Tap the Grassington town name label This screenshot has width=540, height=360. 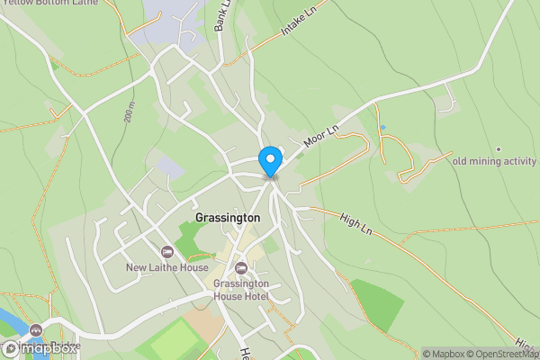[x=228, y=218]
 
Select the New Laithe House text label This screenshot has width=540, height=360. [x=167, y=267]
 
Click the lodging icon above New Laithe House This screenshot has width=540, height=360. [x=166, y=252]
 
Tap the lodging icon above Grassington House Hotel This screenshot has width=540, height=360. [x=240, y=268]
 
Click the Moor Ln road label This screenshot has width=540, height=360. [x=319, y=136]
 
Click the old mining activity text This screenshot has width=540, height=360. [x=494, y=162]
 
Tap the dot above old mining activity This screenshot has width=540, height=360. [x=498, y=148]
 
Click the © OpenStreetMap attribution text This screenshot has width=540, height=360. [x=499, y=354]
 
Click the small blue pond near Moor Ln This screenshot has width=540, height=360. [x=382, y=127]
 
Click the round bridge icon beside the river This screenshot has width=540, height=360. [x=36, y=331]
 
